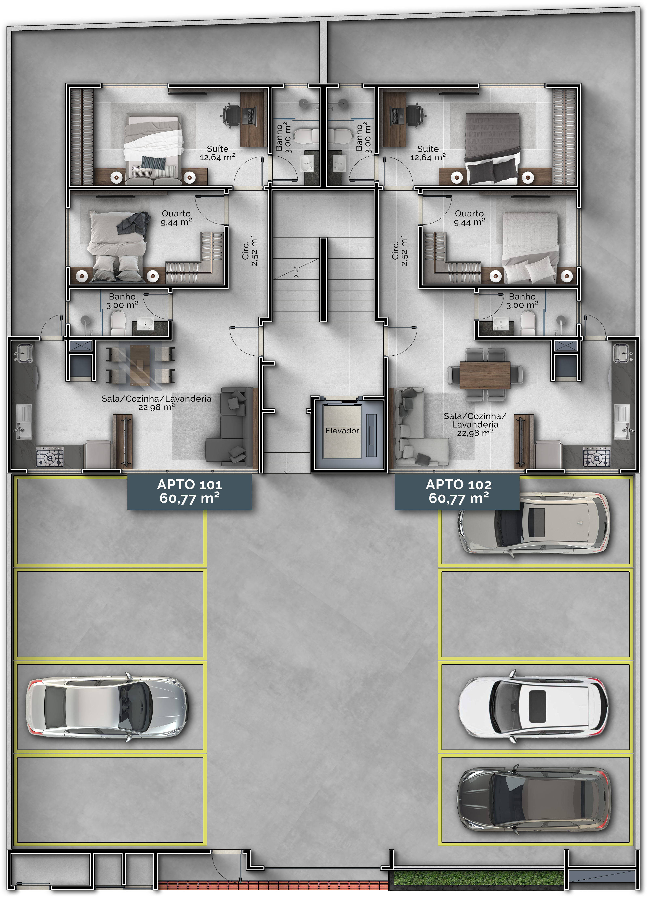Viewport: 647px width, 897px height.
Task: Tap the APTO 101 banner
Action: point(190,492)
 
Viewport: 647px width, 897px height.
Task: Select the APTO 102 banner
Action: point(457,492)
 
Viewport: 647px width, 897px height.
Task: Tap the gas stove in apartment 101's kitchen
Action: point(50,457)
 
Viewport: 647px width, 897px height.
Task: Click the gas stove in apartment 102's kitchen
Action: point(596,457)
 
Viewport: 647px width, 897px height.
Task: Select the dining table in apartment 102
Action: point(485,374)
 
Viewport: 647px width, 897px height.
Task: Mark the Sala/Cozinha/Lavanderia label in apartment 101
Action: point(157,403)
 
